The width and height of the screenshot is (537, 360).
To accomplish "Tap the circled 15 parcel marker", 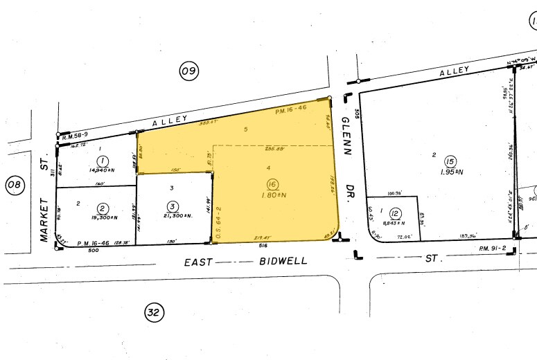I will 450,160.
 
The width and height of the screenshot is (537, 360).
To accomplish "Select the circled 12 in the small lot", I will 396,213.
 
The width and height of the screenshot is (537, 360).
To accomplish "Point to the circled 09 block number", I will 188,70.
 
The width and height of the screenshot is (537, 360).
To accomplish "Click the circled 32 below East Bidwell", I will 153,313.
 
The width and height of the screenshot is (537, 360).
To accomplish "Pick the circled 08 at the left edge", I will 14,185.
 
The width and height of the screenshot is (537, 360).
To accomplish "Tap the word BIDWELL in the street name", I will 282,262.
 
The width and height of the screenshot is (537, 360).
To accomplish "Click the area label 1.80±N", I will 272,196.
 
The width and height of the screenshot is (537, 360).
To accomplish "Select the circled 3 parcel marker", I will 173,205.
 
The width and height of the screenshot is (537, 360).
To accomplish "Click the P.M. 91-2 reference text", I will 493,248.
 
